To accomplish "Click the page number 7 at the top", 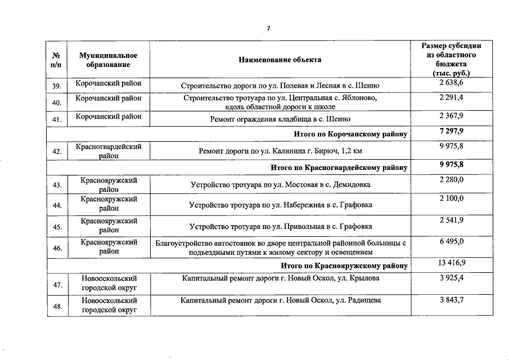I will (268, 29).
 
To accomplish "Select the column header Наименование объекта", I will (280, 60).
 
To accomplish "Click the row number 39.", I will (56, 86).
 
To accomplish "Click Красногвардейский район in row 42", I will (109, 151).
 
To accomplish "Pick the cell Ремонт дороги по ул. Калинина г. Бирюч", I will (280, 151).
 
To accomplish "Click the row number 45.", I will (56, 227).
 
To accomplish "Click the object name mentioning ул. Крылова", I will (280, 278).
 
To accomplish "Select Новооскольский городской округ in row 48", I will (109, 305).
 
